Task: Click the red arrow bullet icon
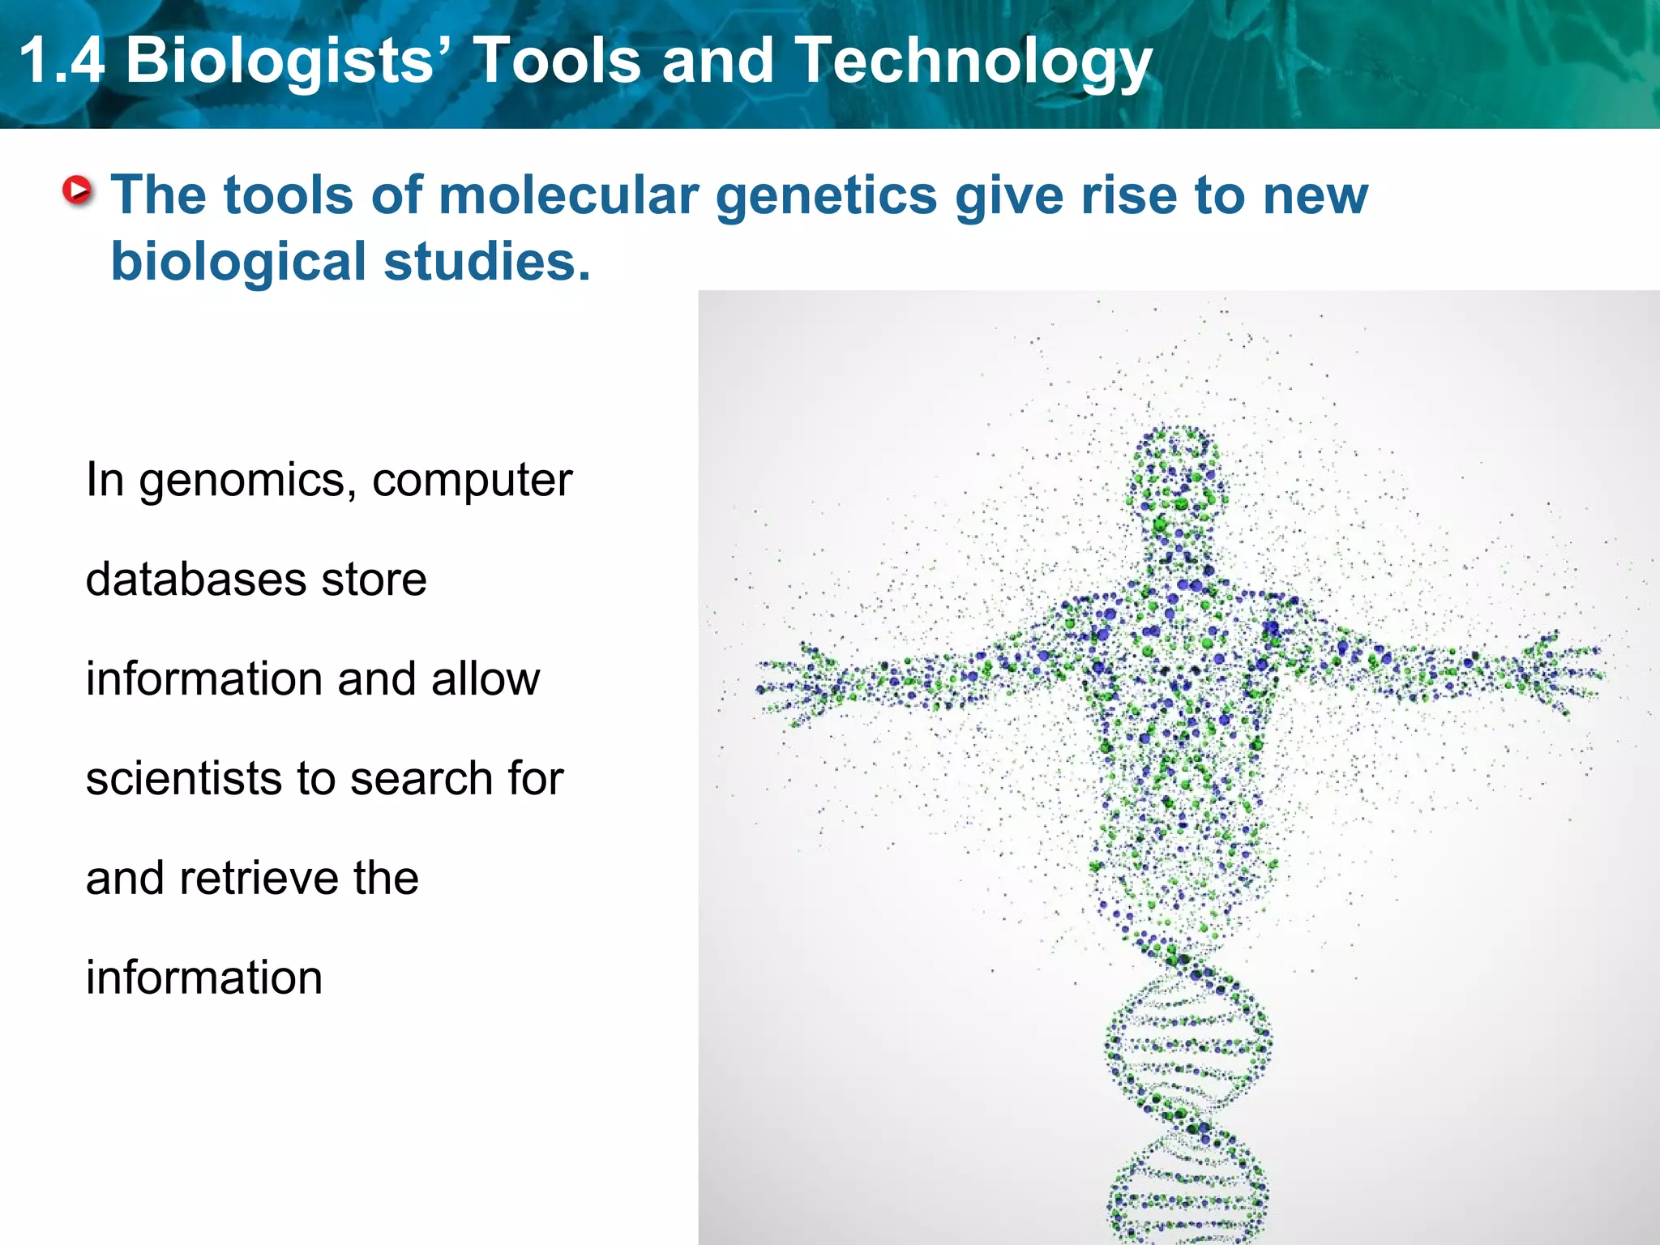78,191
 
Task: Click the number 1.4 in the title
62,60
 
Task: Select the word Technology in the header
973,62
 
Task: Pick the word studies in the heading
486,263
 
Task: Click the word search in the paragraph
422,779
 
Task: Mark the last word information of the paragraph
204,978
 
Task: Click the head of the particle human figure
1177,478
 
